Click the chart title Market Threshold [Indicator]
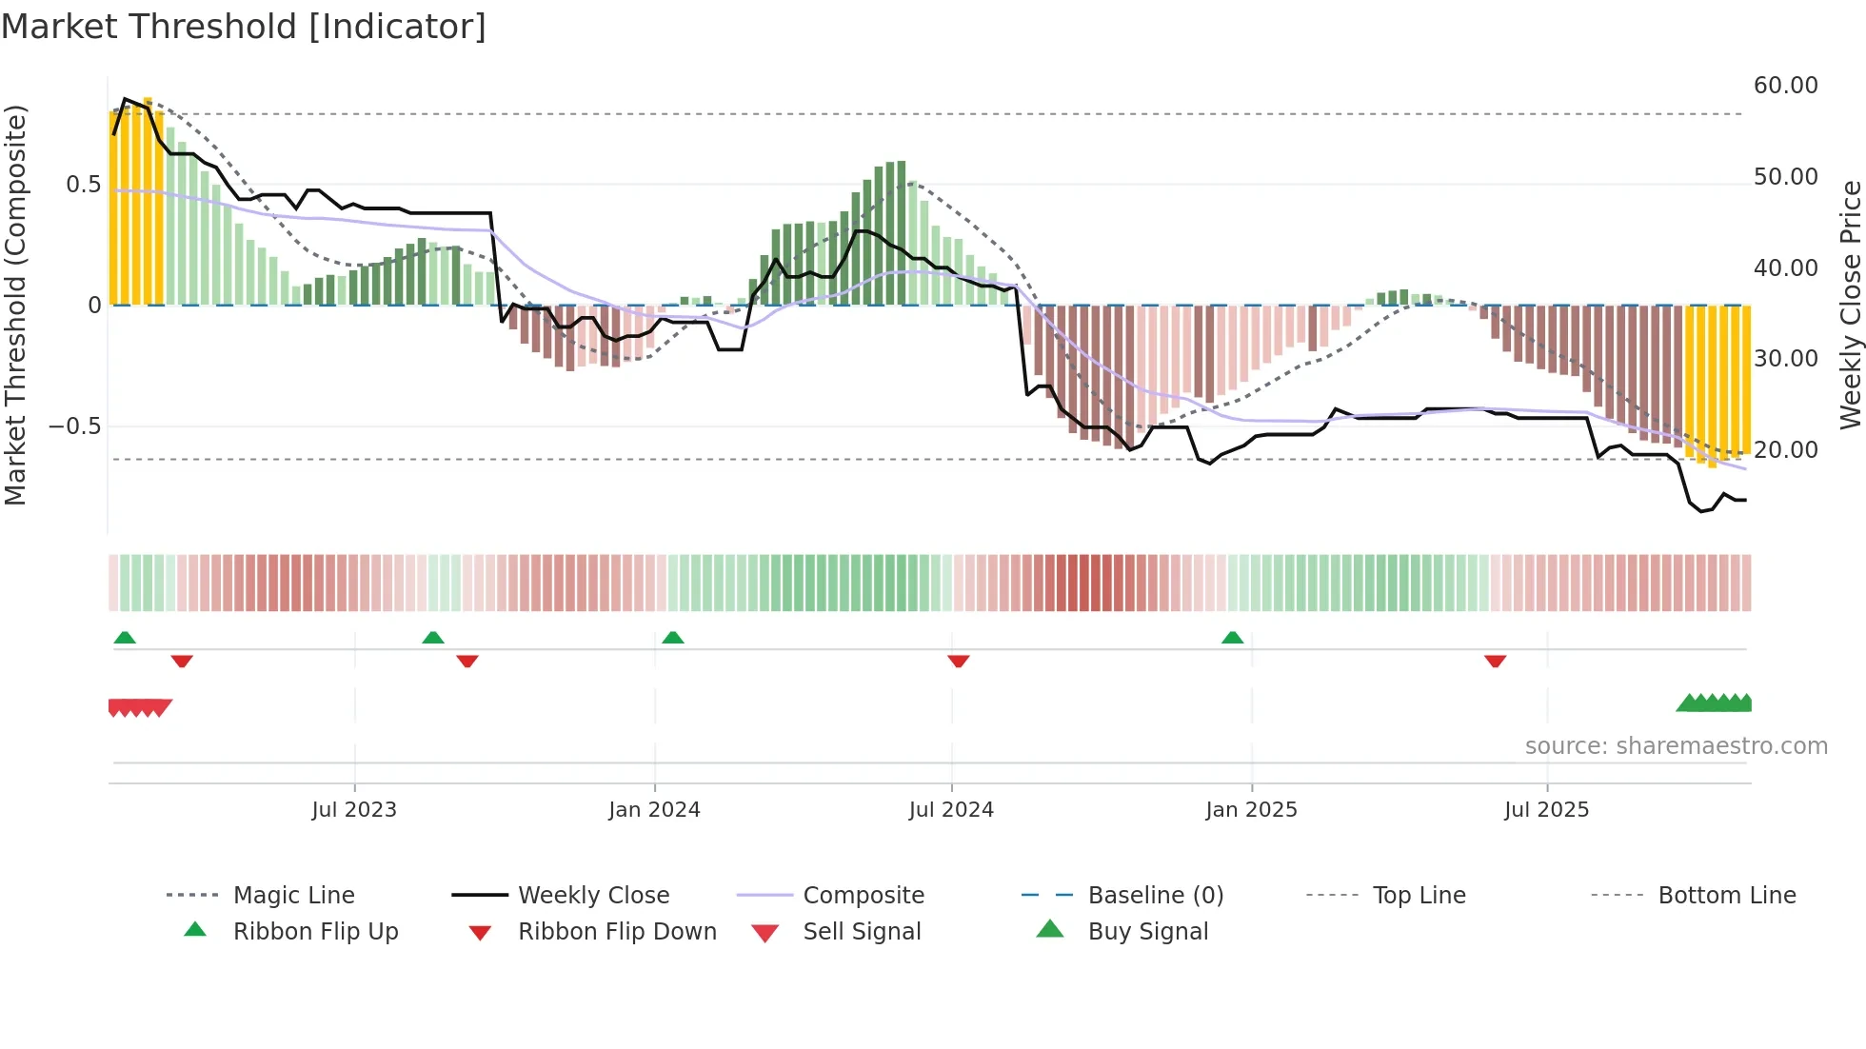click(244, 27)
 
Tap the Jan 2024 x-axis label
click(654, 809)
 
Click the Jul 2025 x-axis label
click(1546, 809)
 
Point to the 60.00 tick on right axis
click(1785, 86)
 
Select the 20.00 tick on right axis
click(1785, 449)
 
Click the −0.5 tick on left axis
click(74, 426)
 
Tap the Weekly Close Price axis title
click(1850, 305)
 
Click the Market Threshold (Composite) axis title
click(15, 305)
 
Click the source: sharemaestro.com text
click(1676, 745)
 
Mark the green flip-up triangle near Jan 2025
click(1232, 637)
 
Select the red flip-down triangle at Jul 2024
click(958, 661)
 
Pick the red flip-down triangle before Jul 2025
click(1495, 661)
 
